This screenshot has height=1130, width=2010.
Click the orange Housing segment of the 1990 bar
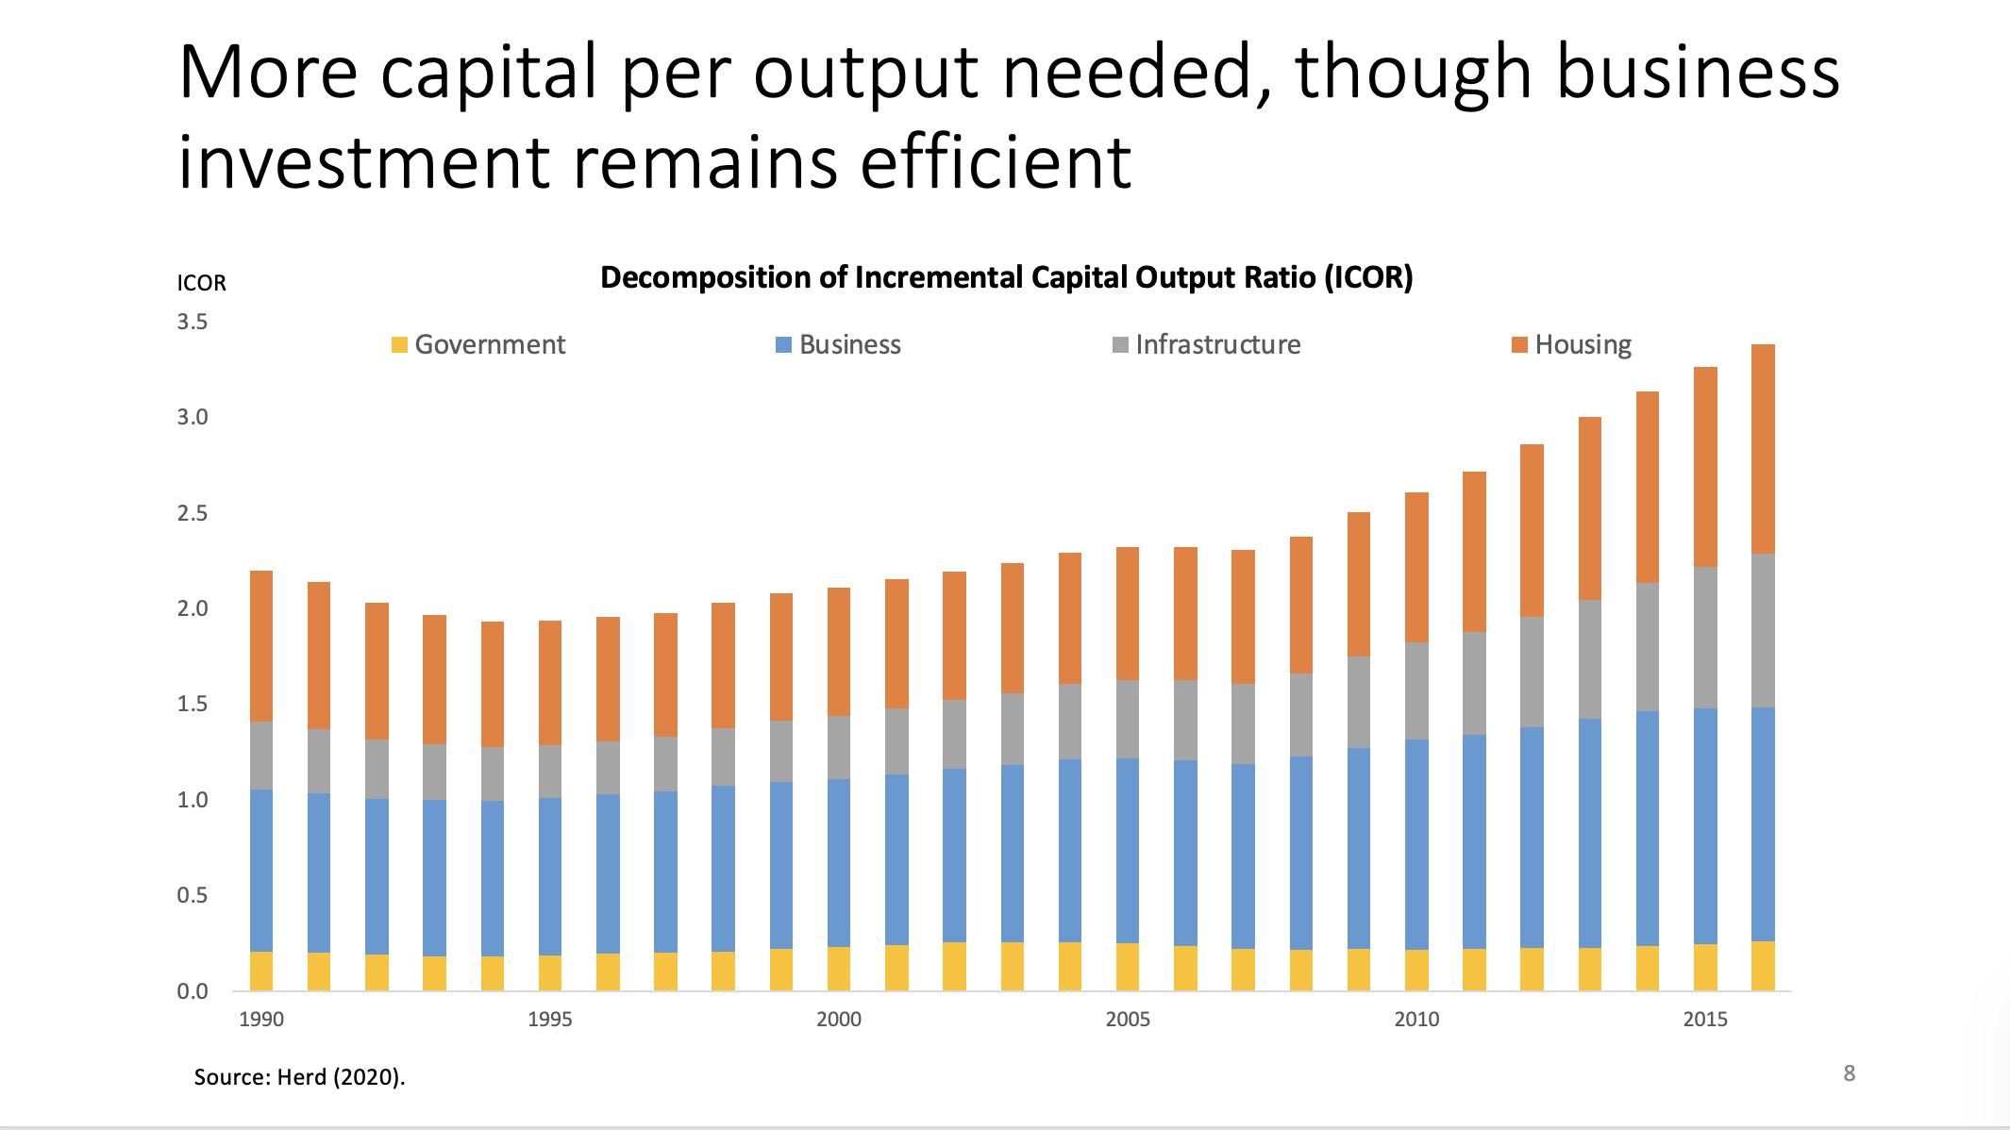point(261,646)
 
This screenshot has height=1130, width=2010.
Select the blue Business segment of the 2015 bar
point(1705,826)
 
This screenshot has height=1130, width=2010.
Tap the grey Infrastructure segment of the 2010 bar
point(1416,690)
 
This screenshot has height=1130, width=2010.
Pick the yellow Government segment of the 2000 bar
point(839,969)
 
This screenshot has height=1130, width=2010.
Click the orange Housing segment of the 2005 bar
point(1128,613)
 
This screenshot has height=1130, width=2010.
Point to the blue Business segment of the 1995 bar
point(550,876)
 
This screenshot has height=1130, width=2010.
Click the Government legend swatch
point(400,345)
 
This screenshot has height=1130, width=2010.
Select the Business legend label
point(849,345)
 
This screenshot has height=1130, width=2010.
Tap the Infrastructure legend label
point(1217,345)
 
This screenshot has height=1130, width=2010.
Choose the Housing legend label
point(1583,345)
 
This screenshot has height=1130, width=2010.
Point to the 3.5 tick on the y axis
point(193,323)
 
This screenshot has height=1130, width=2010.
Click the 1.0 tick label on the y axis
point(193,800)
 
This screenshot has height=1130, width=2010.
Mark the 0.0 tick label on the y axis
point(193,991)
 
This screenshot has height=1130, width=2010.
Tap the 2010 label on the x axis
point(1416,1020)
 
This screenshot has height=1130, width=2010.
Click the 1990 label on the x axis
point(261,1020)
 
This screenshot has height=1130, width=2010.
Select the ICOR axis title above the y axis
point(202,284)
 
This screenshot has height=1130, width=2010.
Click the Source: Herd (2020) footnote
point(299,1077)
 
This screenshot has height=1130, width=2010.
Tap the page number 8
point(1850,1073)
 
